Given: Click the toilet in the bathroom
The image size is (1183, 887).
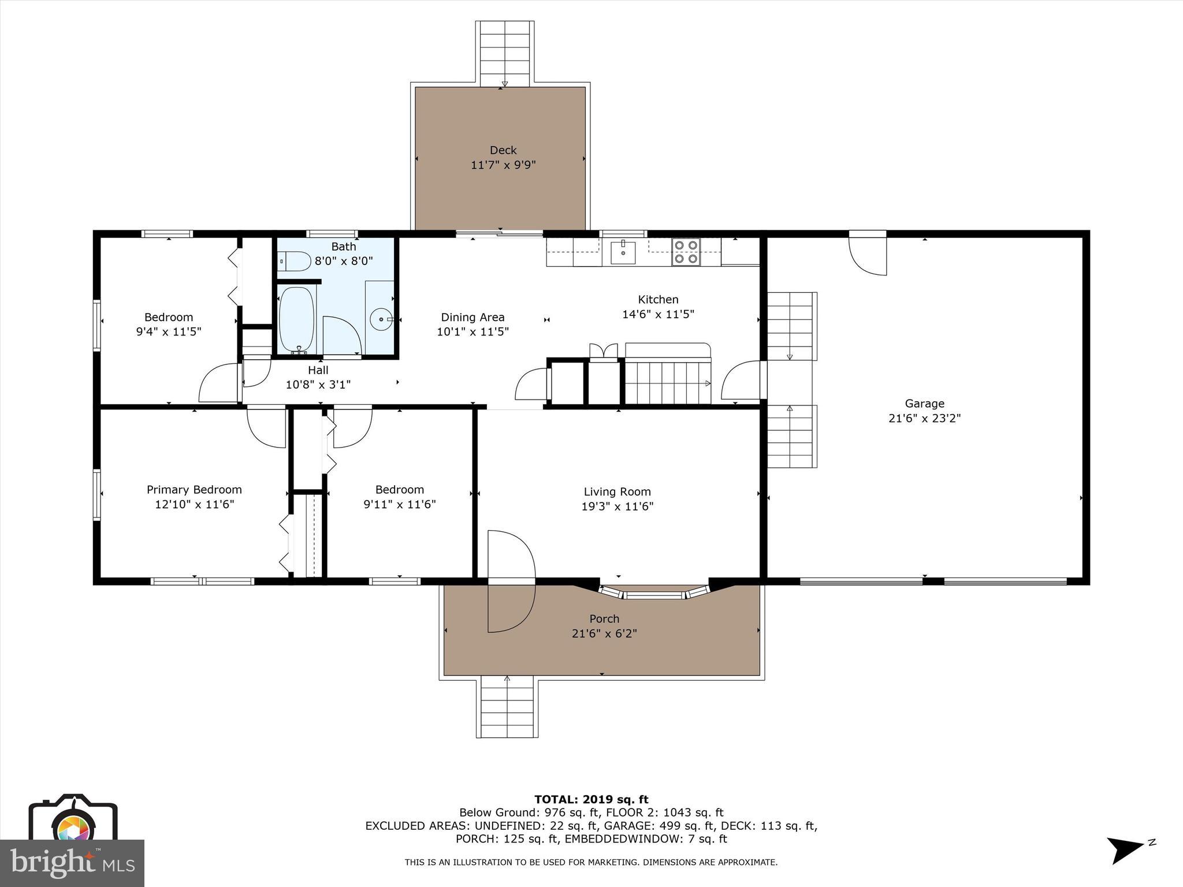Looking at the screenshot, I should (295, 262).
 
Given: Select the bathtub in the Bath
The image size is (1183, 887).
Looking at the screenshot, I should (297, 319).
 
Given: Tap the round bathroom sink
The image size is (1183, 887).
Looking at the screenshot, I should (381, 319).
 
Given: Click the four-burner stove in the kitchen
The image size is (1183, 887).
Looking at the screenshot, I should (686, 252).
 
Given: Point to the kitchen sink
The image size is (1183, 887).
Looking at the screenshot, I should (623, 252).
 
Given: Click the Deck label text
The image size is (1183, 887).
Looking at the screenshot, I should (503, 150).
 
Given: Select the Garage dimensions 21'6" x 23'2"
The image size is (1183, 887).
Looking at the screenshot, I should (924, 418).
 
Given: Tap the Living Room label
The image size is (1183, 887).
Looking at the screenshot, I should (617, 491).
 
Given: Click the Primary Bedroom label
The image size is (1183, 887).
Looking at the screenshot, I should (194, 490).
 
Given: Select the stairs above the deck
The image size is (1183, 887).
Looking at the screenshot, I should (504, 54).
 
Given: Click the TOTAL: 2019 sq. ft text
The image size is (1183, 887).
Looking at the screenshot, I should (591, 799).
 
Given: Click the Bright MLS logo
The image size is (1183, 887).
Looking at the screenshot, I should (72, 863).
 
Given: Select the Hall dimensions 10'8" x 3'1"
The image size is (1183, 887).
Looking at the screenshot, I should (318, 385).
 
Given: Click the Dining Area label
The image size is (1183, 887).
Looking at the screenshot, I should (473, 317).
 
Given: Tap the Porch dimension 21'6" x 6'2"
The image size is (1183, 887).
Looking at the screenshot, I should (604, 633).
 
